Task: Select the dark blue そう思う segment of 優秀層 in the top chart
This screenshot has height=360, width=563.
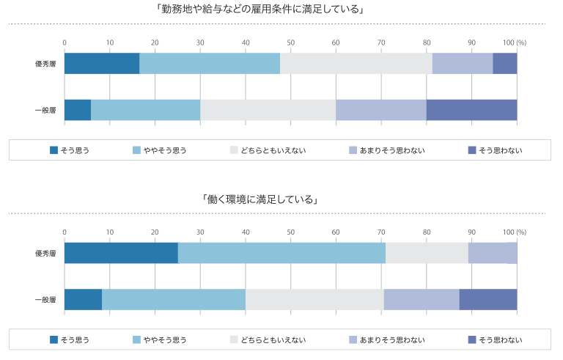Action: [102, 64]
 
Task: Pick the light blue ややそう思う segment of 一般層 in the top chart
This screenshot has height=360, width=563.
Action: [145, 109]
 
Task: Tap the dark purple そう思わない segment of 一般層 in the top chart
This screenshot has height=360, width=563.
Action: [471, 109]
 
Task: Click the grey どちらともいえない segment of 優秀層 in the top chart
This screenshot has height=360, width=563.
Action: [356, 64]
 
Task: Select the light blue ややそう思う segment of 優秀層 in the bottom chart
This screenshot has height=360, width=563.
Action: [281, 253]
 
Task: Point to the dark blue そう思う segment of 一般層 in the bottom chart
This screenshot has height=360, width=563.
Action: [83, 299]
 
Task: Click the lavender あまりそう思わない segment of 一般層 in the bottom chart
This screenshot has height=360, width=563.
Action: [422, 299]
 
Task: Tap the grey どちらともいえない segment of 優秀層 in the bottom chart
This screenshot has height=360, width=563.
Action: [427, 253]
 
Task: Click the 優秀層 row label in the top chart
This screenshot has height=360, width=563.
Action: [45, 64]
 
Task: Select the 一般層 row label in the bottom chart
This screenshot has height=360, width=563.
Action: [45, 299]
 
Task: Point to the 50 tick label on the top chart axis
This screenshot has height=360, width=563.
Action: [290, 42]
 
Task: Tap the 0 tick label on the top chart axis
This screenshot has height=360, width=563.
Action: [65, 42]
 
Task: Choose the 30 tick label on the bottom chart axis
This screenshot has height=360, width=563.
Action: [200, 232]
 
